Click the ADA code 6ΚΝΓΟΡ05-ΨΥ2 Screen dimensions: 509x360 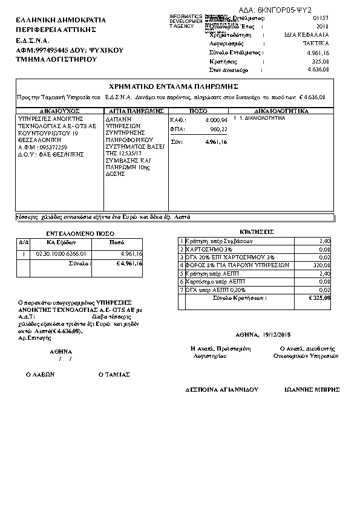[x=292, y=10]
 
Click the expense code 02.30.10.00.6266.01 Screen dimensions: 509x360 [x=62, y=254]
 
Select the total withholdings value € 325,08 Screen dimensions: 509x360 [x=319, y=297]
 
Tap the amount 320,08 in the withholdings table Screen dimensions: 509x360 [x=321, y=264]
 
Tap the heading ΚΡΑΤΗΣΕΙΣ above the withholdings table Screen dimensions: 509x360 [x=257, y=232]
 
